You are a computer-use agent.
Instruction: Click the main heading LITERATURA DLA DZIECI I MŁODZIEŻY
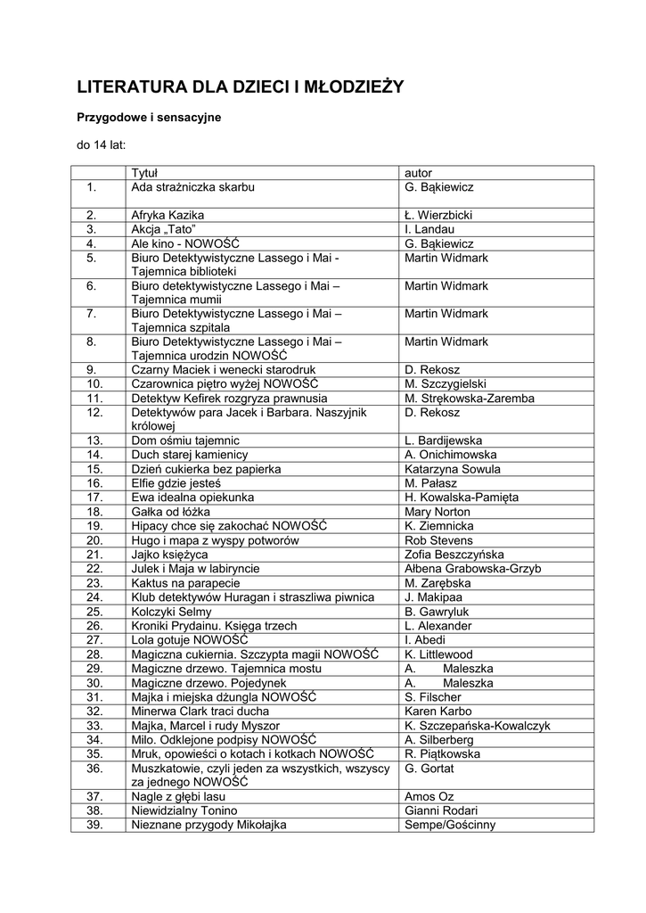[x=241, y=86]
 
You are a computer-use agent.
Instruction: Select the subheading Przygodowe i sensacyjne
[x=148, y=117]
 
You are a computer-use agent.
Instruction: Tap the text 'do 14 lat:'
[x=101, y=144]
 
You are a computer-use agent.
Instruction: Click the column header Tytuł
[x=144, y=173]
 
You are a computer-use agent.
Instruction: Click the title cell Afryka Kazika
[x=168, y=215]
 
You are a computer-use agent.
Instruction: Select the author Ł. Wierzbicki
[x=437, y=215]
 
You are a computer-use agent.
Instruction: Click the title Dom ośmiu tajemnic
[x=185, y=440]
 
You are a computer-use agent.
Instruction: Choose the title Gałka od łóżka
[x=170, y=512]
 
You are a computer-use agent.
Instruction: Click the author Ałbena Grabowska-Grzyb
[x=472, y=569]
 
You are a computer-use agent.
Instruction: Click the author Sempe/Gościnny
[x=449, y=825]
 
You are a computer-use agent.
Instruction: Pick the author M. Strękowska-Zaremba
[x=469, y=399]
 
